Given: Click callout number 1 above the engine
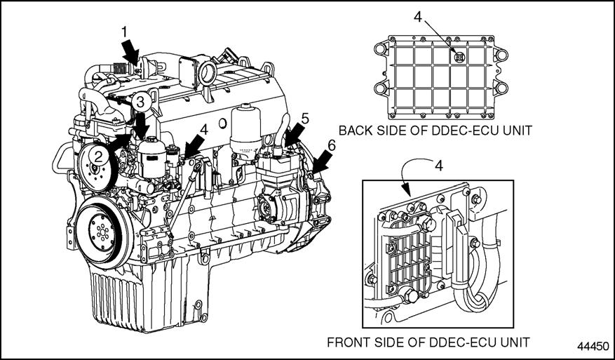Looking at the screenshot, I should pyautogui.click(x=124, y=32).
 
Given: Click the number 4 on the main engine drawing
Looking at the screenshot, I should pyautogui.click(x=204, y=129).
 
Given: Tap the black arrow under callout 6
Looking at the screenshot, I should pyautogui.click(x=321, y=163).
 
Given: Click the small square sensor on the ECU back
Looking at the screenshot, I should pyautogui.click(x=459, y=60).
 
